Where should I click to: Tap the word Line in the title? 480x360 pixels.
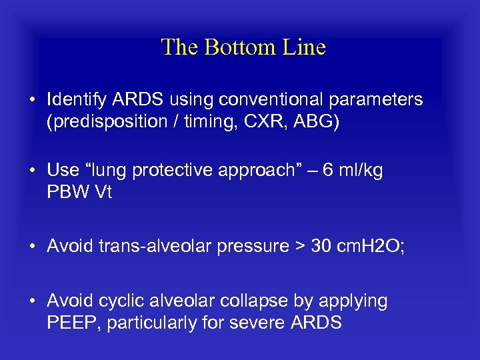305,47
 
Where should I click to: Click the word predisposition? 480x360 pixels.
107,123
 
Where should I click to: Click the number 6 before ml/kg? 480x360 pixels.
327,170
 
